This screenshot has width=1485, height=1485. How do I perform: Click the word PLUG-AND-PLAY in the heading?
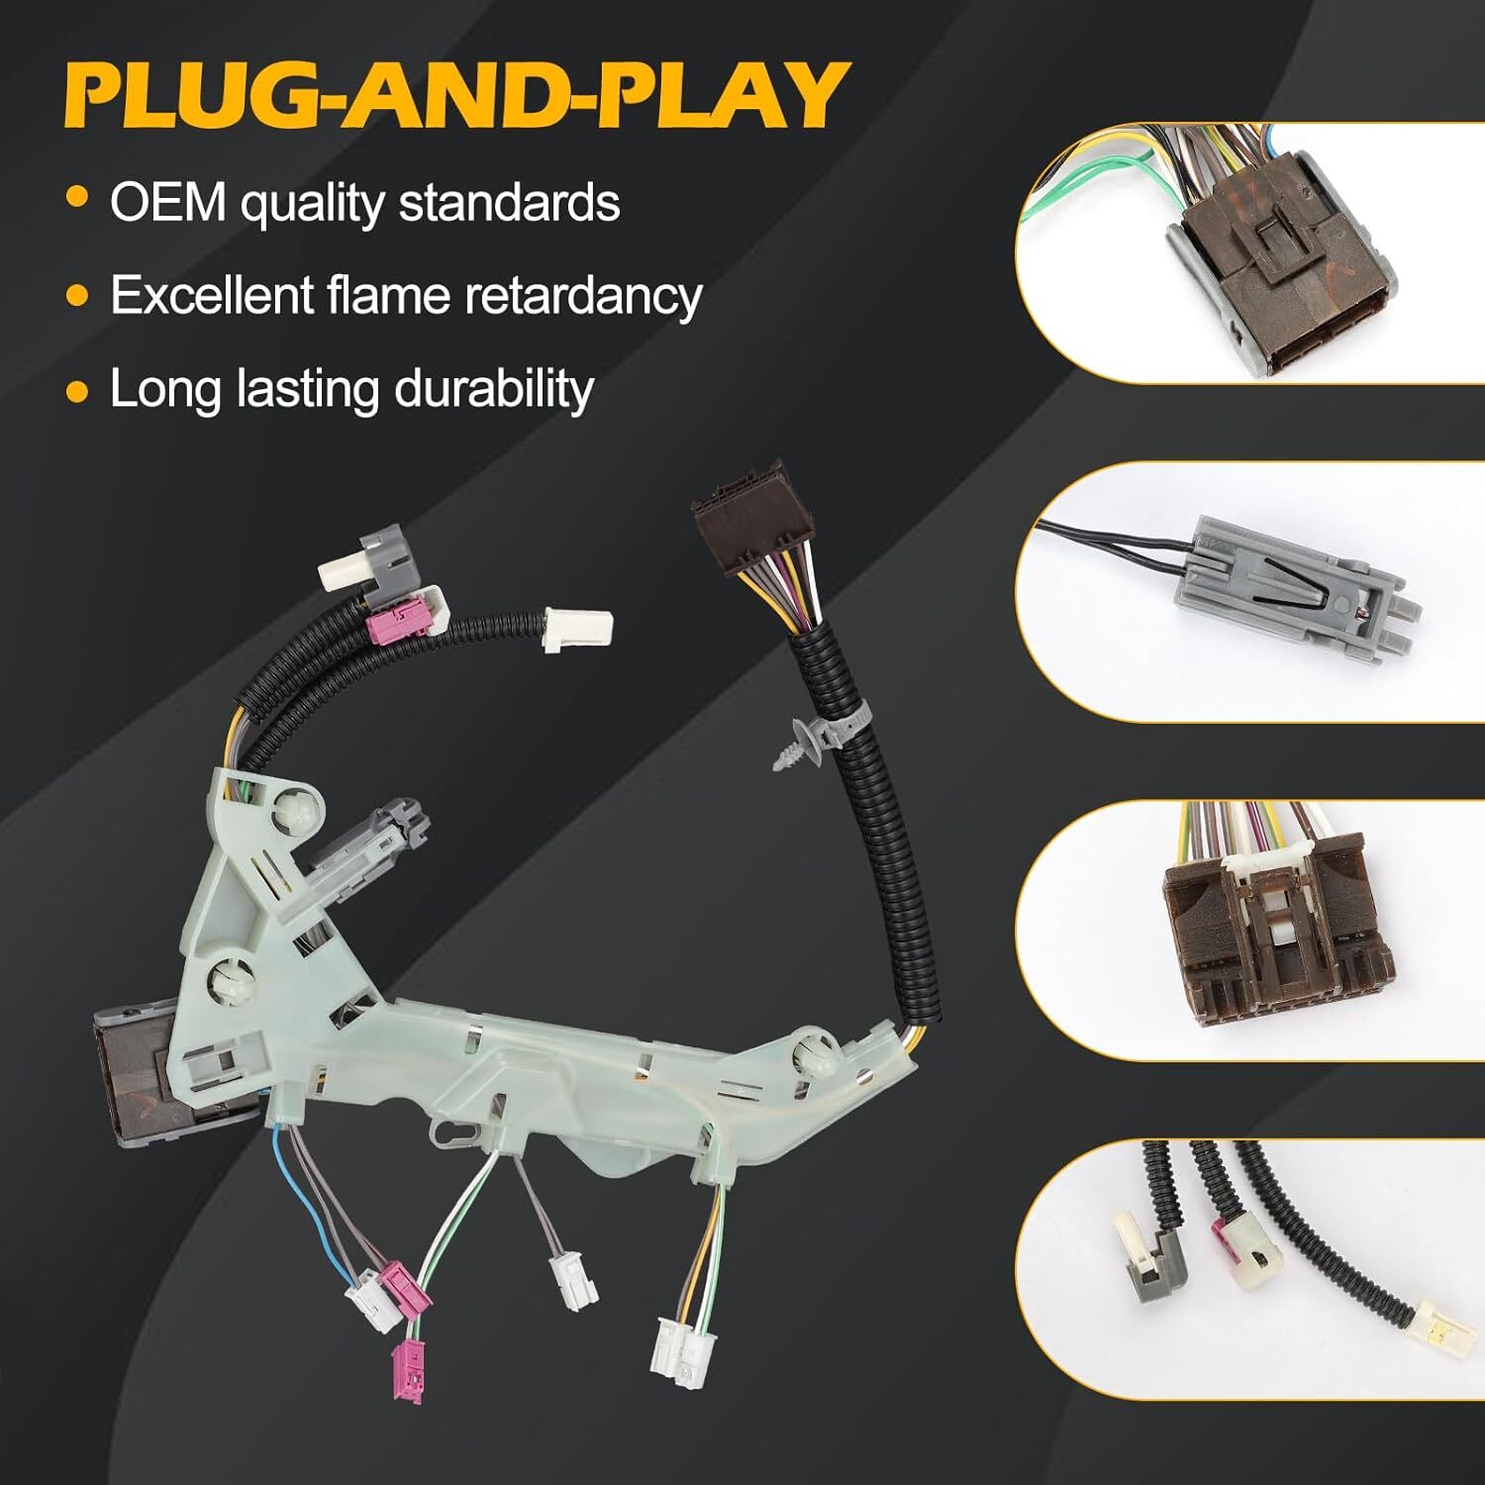(x=456, y=95)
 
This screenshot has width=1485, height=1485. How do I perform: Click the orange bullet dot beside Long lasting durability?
(x=77, y=390)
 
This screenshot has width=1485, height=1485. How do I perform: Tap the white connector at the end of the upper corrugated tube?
(x=577, y=632)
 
